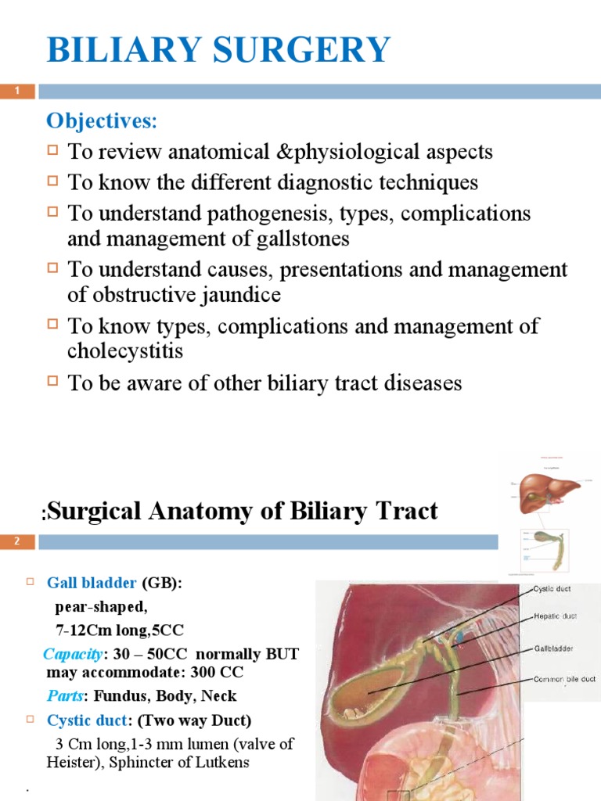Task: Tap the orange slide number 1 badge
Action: coord(17,92)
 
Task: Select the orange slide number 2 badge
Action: coord(17,541)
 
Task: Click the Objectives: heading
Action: coord(102,121)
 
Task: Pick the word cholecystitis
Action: coord(125,351)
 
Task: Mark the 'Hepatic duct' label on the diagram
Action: coord(555,616)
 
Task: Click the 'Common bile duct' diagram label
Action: coord(564,679)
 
